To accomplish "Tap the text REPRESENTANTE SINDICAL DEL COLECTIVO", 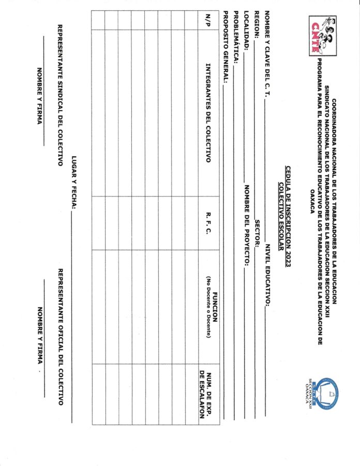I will click(60, 91).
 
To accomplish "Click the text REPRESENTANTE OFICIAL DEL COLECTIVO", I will click(60, 337).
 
